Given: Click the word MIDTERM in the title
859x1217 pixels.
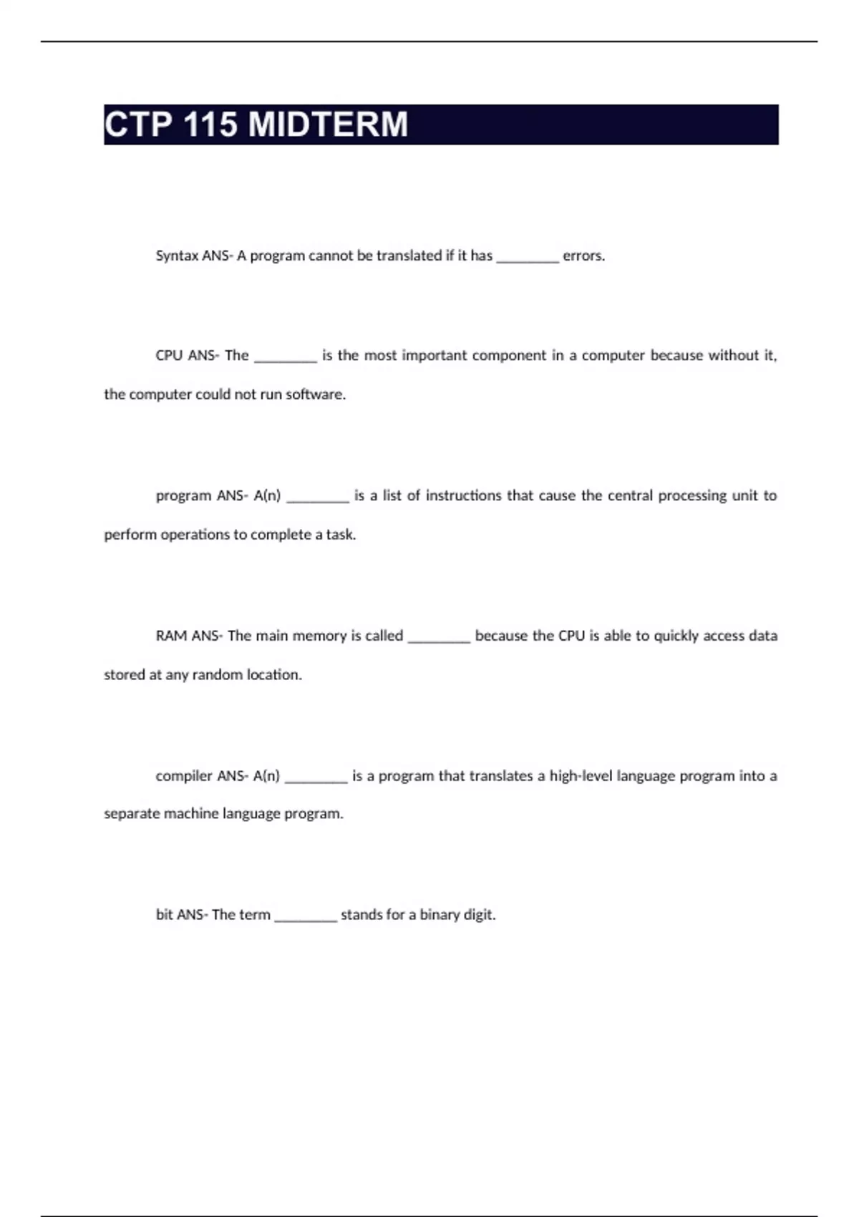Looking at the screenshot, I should (328, 125).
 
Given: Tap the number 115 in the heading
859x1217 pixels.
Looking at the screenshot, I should (210, 125).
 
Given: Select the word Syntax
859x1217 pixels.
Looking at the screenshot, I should (177, 256).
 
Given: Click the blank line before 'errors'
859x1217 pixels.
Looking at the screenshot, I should (528, 259).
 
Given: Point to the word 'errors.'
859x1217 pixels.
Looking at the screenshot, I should (583, 256).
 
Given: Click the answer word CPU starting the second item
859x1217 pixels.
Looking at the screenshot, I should (169, 355).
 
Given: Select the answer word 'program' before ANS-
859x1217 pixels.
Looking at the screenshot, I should (183, 495).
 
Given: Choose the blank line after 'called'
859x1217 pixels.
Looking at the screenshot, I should (439, 639).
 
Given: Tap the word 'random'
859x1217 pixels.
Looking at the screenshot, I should (217, 675).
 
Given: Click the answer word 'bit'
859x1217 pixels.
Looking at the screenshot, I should (164, 915).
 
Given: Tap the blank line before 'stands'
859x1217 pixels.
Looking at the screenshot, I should (306, 918).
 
